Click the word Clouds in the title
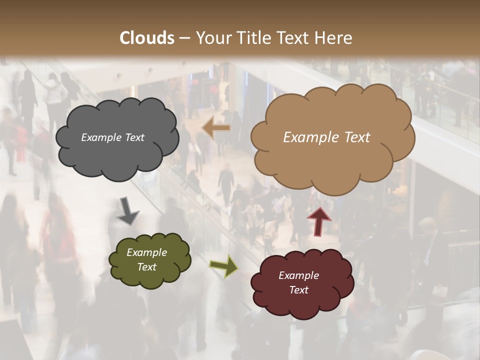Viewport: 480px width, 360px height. coord(147,38)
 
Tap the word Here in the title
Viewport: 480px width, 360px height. coord(334,38)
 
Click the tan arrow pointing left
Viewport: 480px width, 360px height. coord(216,127)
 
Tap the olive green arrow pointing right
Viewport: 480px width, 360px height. coord(223,266)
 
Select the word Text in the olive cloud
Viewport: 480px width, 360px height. coord(147,267)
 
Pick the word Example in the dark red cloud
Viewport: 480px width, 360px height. coord(298,275)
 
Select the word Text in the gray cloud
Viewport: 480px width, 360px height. coord(134,137)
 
